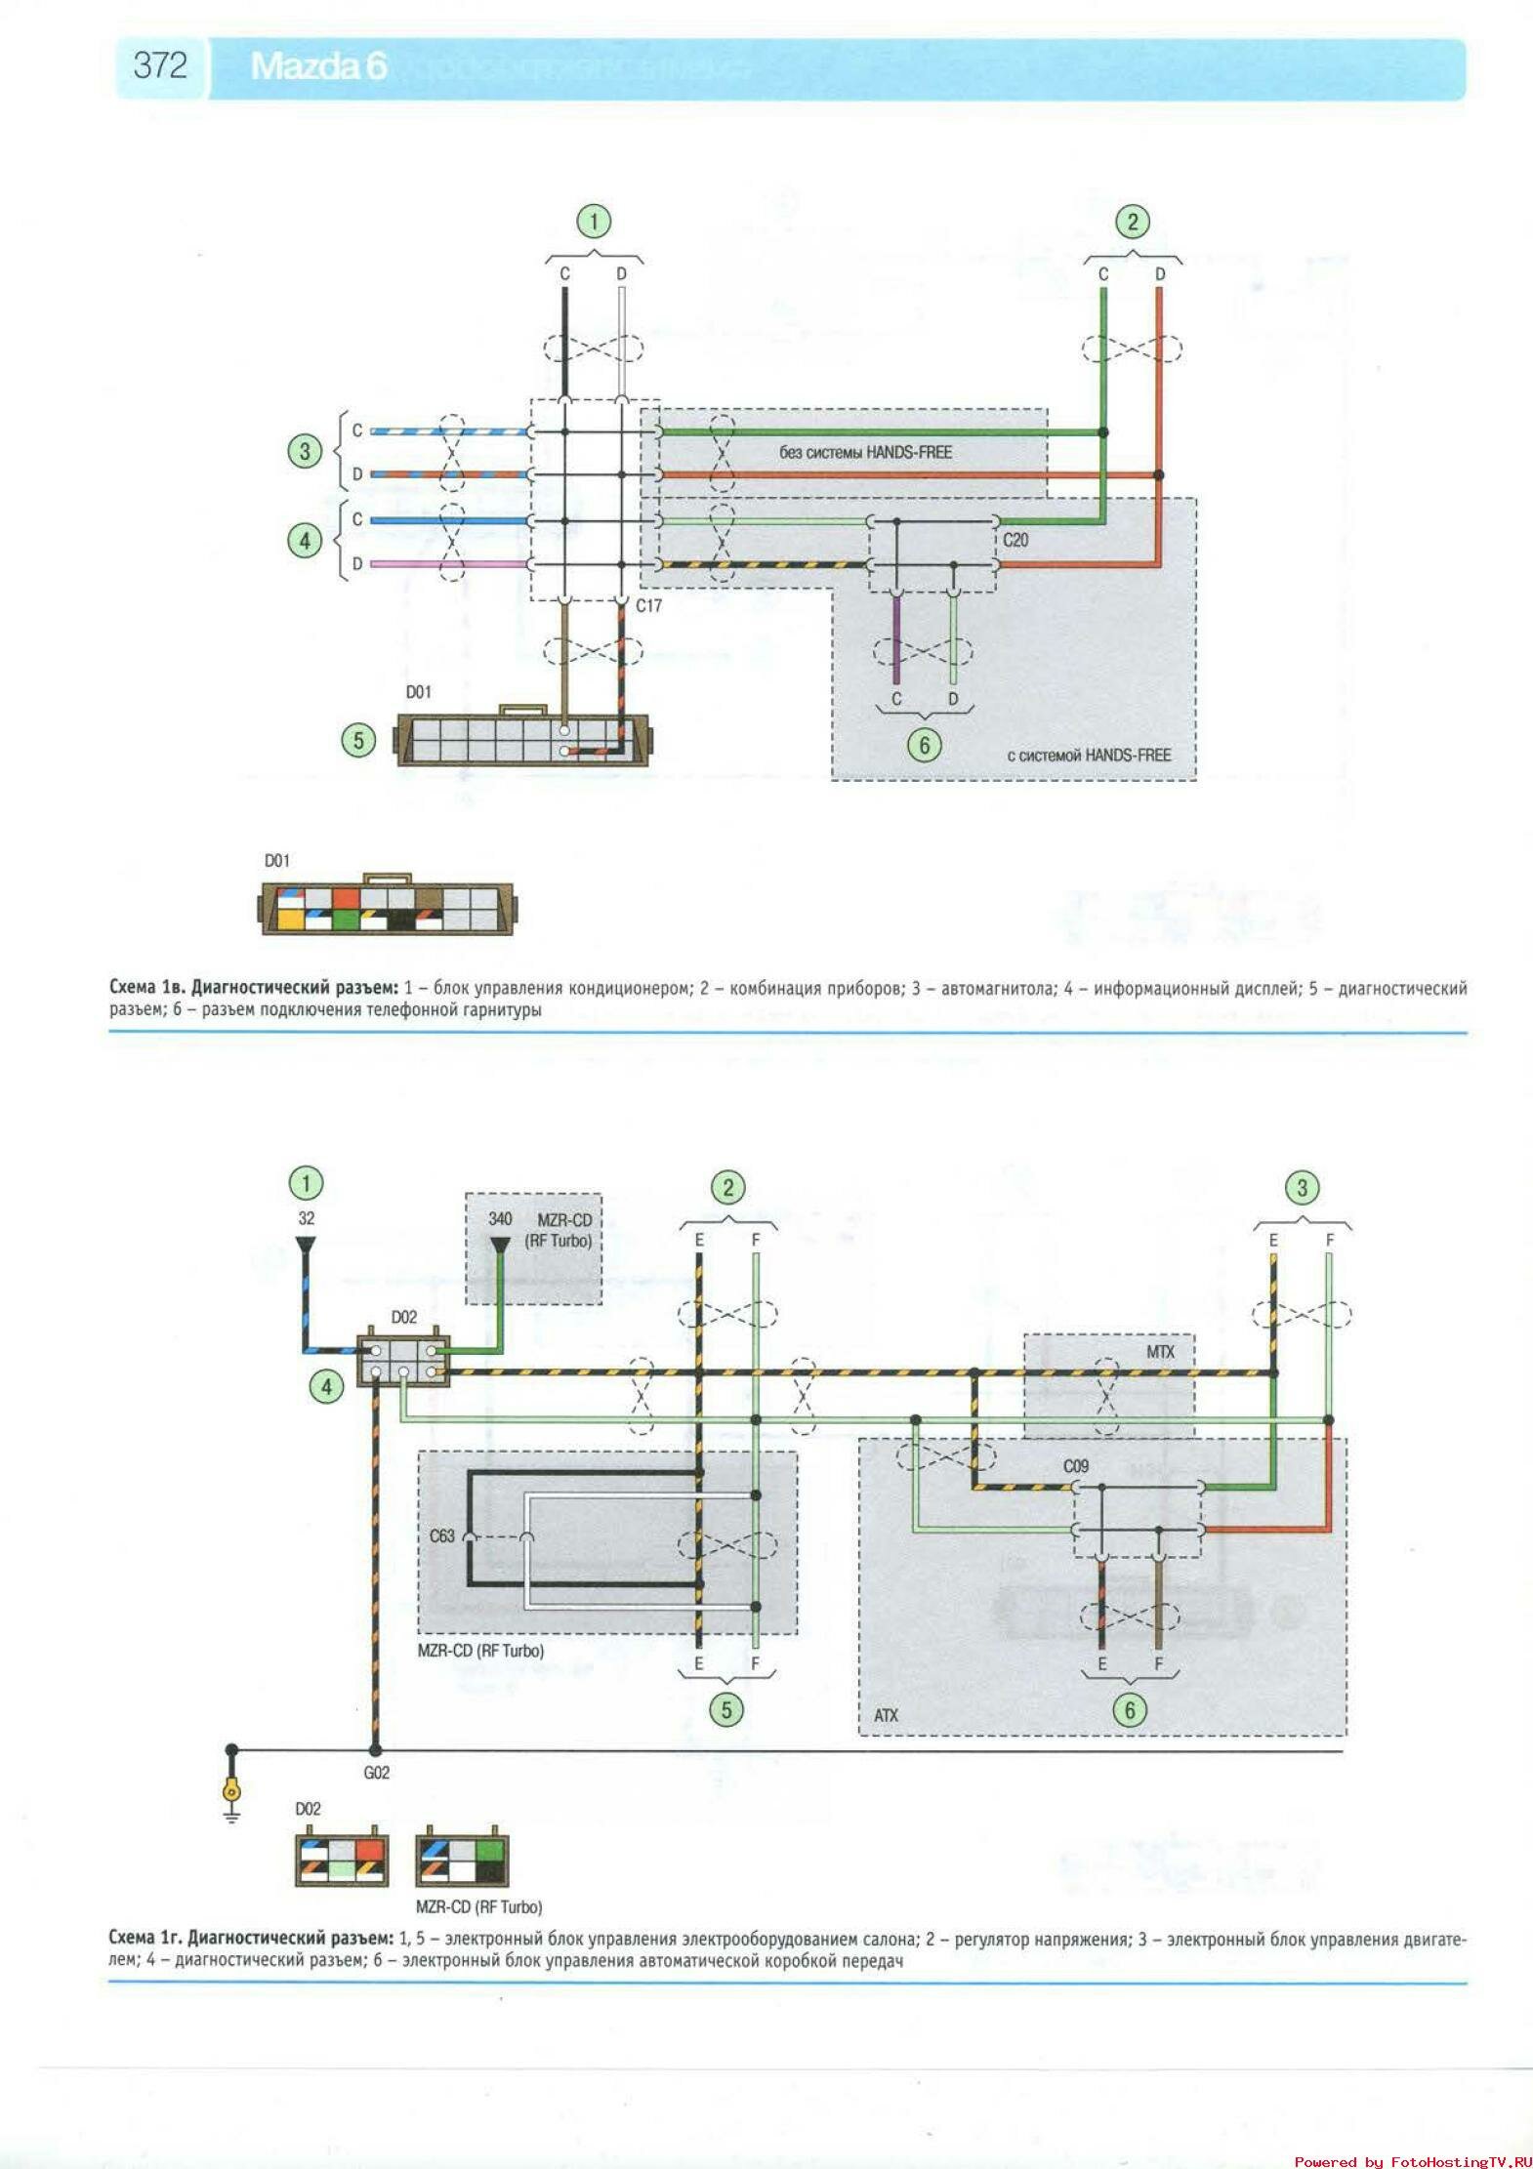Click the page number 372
coord(160,65)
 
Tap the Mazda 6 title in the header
coord(318,66)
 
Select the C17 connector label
coord(648,606)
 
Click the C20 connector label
coord(1015,540)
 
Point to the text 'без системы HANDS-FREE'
coord(865,453)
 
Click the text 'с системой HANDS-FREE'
coord(1089,755)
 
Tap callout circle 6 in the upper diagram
coord(924,746)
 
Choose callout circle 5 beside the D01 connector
coord(358,740)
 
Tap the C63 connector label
coord(442,1535)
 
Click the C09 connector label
coord(1076,1466)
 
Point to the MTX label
coord(1160,1352)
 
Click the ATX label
coord(886,1715)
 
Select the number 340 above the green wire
coord(500,1218)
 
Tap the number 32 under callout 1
coord(307,1218)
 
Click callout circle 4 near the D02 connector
coord(327,1386)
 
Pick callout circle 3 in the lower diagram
coord(1302,1188)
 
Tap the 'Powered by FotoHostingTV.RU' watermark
coord(1413,2161)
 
